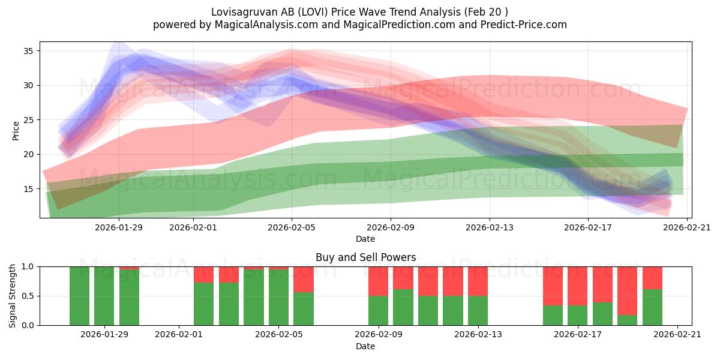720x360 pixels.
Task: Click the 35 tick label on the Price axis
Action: pos(28,51)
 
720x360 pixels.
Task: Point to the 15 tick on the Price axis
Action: pos(38,188)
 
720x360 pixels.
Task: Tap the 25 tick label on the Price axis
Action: pos(28,120)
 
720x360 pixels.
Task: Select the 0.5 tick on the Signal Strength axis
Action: pos(38,296)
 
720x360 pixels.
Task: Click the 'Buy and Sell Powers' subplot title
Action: pos(365,257)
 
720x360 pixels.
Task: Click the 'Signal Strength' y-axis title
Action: pos(12,296)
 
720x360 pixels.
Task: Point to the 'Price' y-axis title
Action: pos(16,131)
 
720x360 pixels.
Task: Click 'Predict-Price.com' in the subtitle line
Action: pos(524,25)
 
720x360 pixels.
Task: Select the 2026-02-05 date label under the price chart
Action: pos(292,227)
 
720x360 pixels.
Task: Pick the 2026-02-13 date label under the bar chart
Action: pos(478,334)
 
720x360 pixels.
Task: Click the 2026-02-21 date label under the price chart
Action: pos(687,227)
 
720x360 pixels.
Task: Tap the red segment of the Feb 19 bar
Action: pos(627,291)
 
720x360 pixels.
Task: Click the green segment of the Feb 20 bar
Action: pos(653,307)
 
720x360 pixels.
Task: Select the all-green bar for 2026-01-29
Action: pos(104,296)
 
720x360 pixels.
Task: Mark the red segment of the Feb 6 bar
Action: pos(304,280)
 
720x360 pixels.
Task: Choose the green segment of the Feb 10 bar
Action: pos(403,307)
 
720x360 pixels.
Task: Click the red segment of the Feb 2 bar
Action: pos(204,275)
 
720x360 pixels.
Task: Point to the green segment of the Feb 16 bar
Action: pos(553,316)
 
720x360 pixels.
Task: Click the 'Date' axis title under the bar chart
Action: pos(365,346)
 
